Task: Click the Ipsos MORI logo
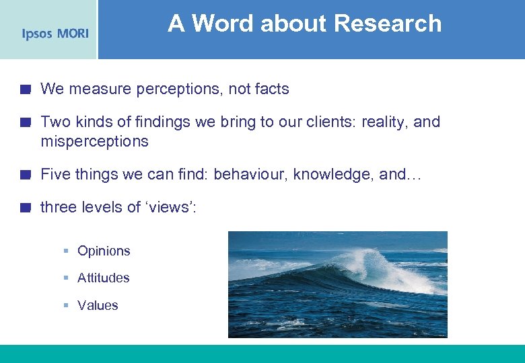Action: pos(55,34)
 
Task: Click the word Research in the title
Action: pos(388,24)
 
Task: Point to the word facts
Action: pos(267,89)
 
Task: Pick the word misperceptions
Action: pos(94,142)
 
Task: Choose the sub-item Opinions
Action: pos(104,251)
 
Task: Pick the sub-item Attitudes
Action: pos(104,278)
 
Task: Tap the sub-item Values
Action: pos(98,305)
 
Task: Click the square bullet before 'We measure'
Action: pos(25,89)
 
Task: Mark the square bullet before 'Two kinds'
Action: pos(25,122)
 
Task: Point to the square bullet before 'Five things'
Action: pos(25,175)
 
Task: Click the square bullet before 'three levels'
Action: pos(25,207)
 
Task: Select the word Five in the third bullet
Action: pos(55,175)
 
